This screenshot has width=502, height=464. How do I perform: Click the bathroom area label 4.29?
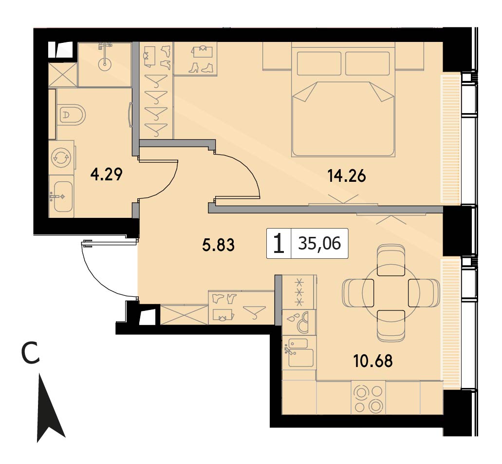106,175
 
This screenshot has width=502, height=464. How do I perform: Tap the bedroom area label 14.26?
346,176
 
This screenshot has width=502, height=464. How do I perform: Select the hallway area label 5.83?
218,245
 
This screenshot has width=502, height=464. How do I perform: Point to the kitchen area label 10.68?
373,361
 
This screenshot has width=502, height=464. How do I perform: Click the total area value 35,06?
319,244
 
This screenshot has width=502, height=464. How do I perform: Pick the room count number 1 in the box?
279,244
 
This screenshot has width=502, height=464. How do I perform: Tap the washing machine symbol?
61,157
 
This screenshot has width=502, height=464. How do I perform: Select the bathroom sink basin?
62,196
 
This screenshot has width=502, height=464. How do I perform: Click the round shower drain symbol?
105,64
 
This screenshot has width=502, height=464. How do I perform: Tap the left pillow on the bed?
319,63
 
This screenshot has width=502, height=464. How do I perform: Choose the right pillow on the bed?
368,63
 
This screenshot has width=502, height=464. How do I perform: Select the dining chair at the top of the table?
391,260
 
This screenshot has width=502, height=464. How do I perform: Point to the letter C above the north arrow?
30,353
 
